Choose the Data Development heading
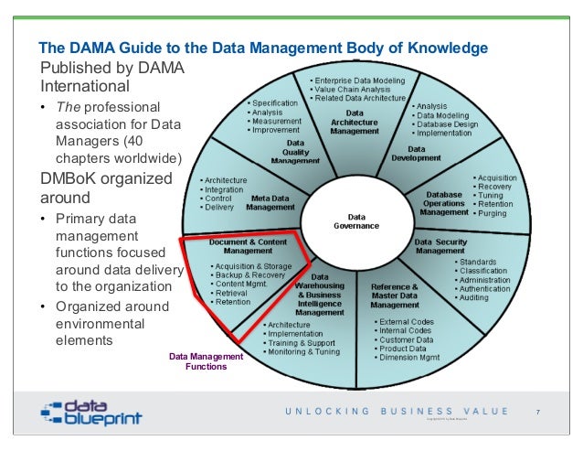tap(416, 153)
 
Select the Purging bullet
tap(492, 212)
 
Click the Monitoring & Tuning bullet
tap(302, 351)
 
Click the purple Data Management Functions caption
tap(205, 361)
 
